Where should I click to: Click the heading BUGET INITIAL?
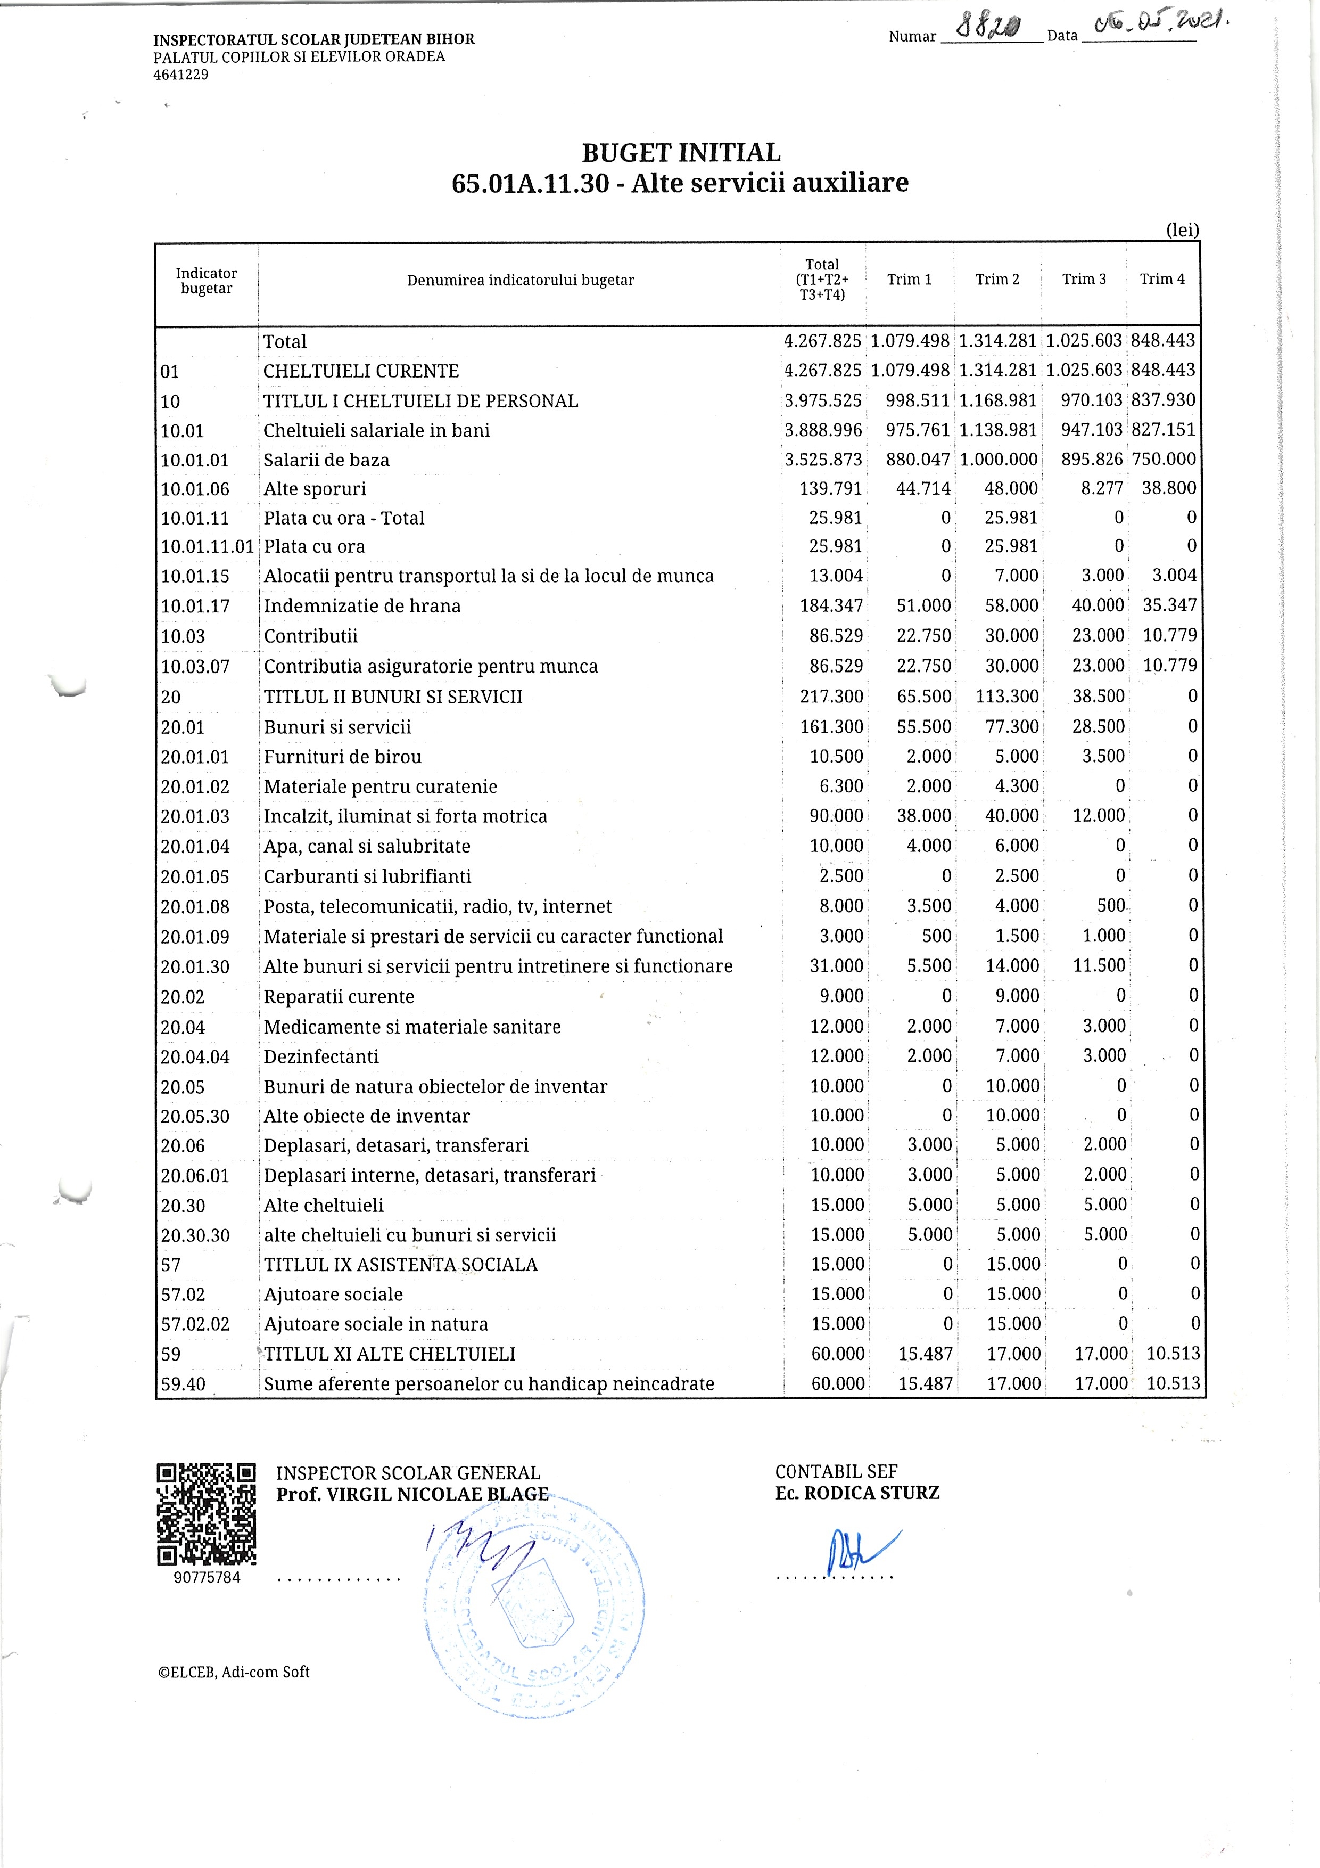[x=681, y=153]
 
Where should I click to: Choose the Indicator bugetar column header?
[x=207, y=281]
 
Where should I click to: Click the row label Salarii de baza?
[x=326, y=460]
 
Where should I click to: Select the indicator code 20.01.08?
[x=195, y=906]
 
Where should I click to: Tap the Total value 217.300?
[x=831, y=697]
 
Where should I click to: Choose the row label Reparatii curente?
[x=339, y=997]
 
